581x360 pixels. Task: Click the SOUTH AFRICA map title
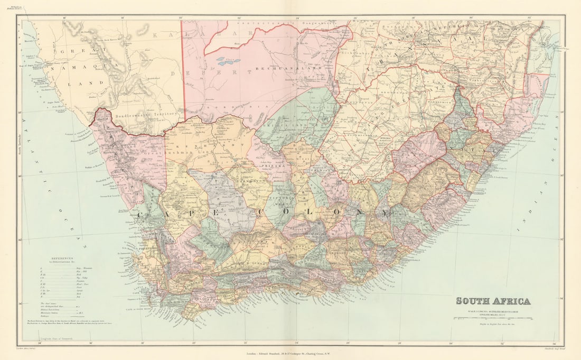pyautogui.click(x=493, y=301)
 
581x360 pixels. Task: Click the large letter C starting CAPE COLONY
pyautogui.click(x=141, y=215)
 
